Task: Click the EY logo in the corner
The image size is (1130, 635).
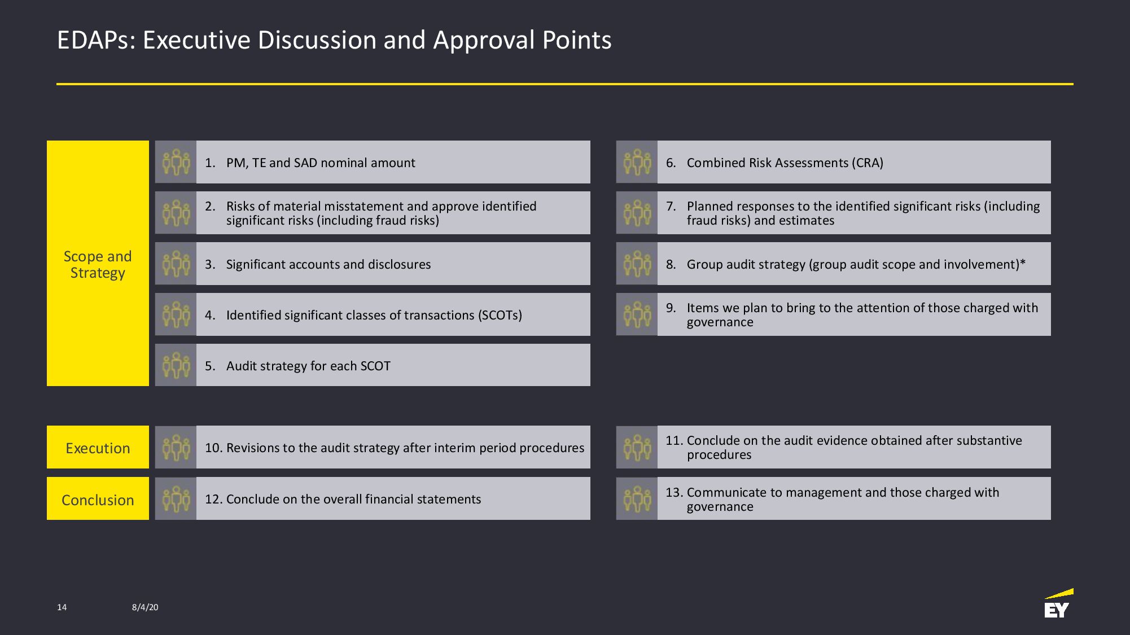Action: coord(1058,603)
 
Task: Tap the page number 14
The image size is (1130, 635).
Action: coord(62,607)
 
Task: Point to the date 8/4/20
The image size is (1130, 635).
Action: coord(145,607)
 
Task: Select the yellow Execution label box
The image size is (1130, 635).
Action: coord(98,447)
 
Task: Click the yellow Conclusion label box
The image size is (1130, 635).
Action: coord(98,498)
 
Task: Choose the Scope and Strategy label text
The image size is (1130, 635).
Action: coord(98,264)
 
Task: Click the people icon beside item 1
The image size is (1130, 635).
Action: coord(176,162)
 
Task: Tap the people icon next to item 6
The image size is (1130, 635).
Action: coord(637,162)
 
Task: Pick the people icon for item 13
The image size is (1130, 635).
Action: coord(637,498)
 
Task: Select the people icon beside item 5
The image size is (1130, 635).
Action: coord(176,365)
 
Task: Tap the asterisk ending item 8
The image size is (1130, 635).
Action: coord(1023,262)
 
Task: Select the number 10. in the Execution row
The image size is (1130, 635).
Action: coord(213,448)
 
